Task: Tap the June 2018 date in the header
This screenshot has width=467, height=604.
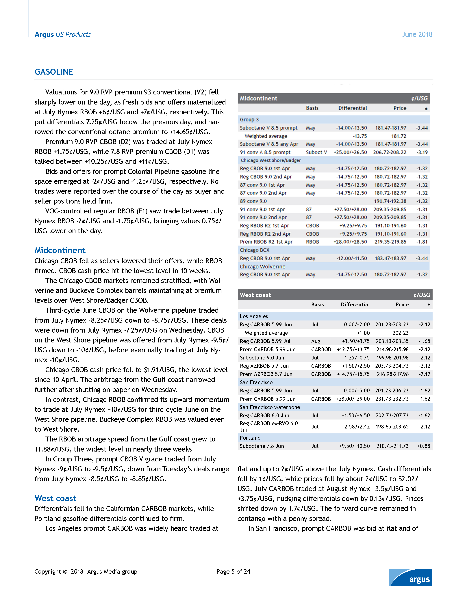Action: click(417, 35)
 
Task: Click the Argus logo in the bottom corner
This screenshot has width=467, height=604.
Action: click(411, 577)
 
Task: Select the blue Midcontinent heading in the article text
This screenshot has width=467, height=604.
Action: click(60, 250)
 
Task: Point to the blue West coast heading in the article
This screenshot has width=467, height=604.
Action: click(55, 498)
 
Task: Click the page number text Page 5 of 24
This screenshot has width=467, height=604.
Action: click(233, 572)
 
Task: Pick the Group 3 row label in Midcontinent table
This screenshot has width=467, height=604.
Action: click(249, 120)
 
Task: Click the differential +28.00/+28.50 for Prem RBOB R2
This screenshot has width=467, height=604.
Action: click(350, 242)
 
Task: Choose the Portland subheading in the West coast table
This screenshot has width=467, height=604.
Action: click(250, 438)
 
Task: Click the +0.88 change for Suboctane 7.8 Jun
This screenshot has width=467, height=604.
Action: click(424, 446)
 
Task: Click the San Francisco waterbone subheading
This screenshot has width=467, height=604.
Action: click(270, 407)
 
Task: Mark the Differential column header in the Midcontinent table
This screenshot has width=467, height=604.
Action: click(353, 108)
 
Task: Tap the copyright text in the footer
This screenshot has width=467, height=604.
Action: click(86, 572)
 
